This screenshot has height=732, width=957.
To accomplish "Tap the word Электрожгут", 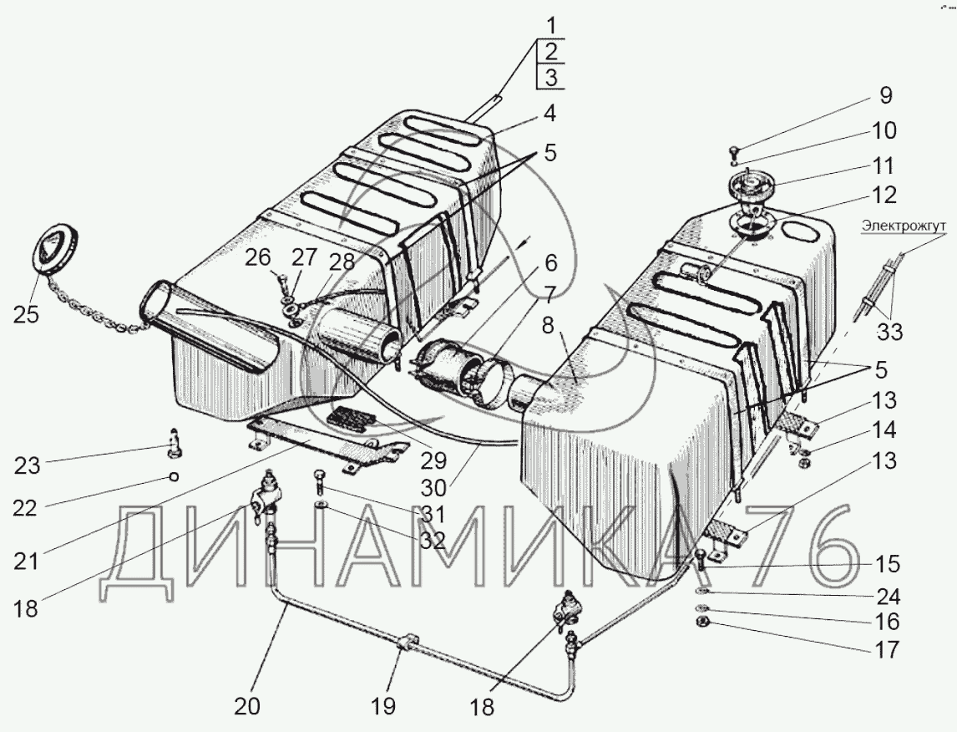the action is [900, 224].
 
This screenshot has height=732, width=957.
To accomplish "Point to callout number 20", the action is [246, 705].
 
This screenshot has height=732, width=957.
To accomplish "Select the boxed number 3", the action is [549, 78].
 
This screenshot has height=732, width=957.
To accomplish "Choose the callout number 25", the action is [27, 315].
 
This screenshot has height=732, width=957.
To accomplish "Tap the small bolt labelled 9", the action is [732, 152].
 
